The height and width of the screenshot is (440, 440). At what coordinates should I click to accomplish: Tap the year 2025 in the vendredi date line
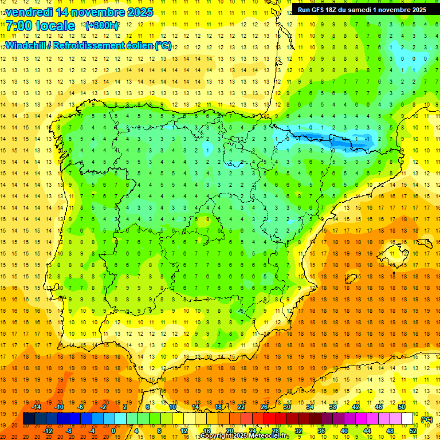point(138,12)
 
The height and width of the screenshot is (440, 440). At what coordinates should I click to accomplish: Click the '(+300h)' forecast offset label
point(101,26)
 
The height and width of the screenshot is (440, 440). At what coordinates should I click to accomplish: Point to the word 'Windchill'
point(25,45)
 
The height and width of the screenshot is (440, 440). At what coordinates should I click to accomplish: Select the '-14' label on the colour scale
point(36,407)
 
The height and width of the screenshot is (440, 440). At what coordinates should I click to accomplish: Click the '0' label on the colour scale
point(113,431)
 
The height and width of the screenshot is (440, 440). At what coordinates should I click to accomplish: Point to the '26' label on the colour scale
point(264,407)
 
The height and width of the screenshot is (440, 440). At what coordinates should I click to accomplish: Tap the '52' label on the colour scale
point(413,431)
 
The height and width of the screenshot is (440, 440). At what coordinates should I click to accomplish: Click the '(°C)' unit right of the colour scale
point(427,419)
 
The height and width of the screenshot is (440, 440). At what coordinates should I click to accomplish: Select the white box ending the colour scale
point(407,419)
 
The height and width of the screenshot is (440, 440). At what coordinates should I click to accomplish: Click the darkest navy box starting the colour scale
point(29,419)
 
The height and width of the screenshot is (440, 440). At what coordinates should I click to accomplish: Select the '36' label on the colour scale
point(321,431)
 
